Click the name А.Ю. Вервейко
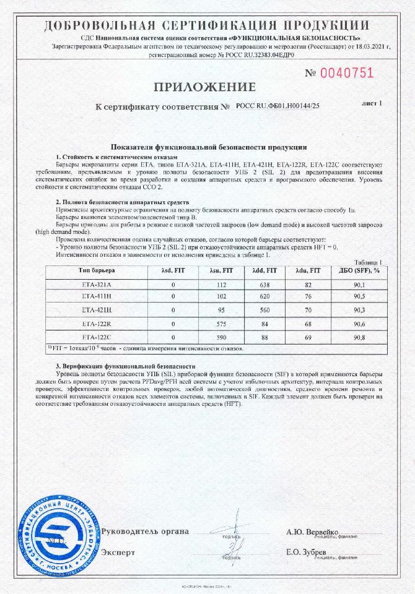pos(312,532)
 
